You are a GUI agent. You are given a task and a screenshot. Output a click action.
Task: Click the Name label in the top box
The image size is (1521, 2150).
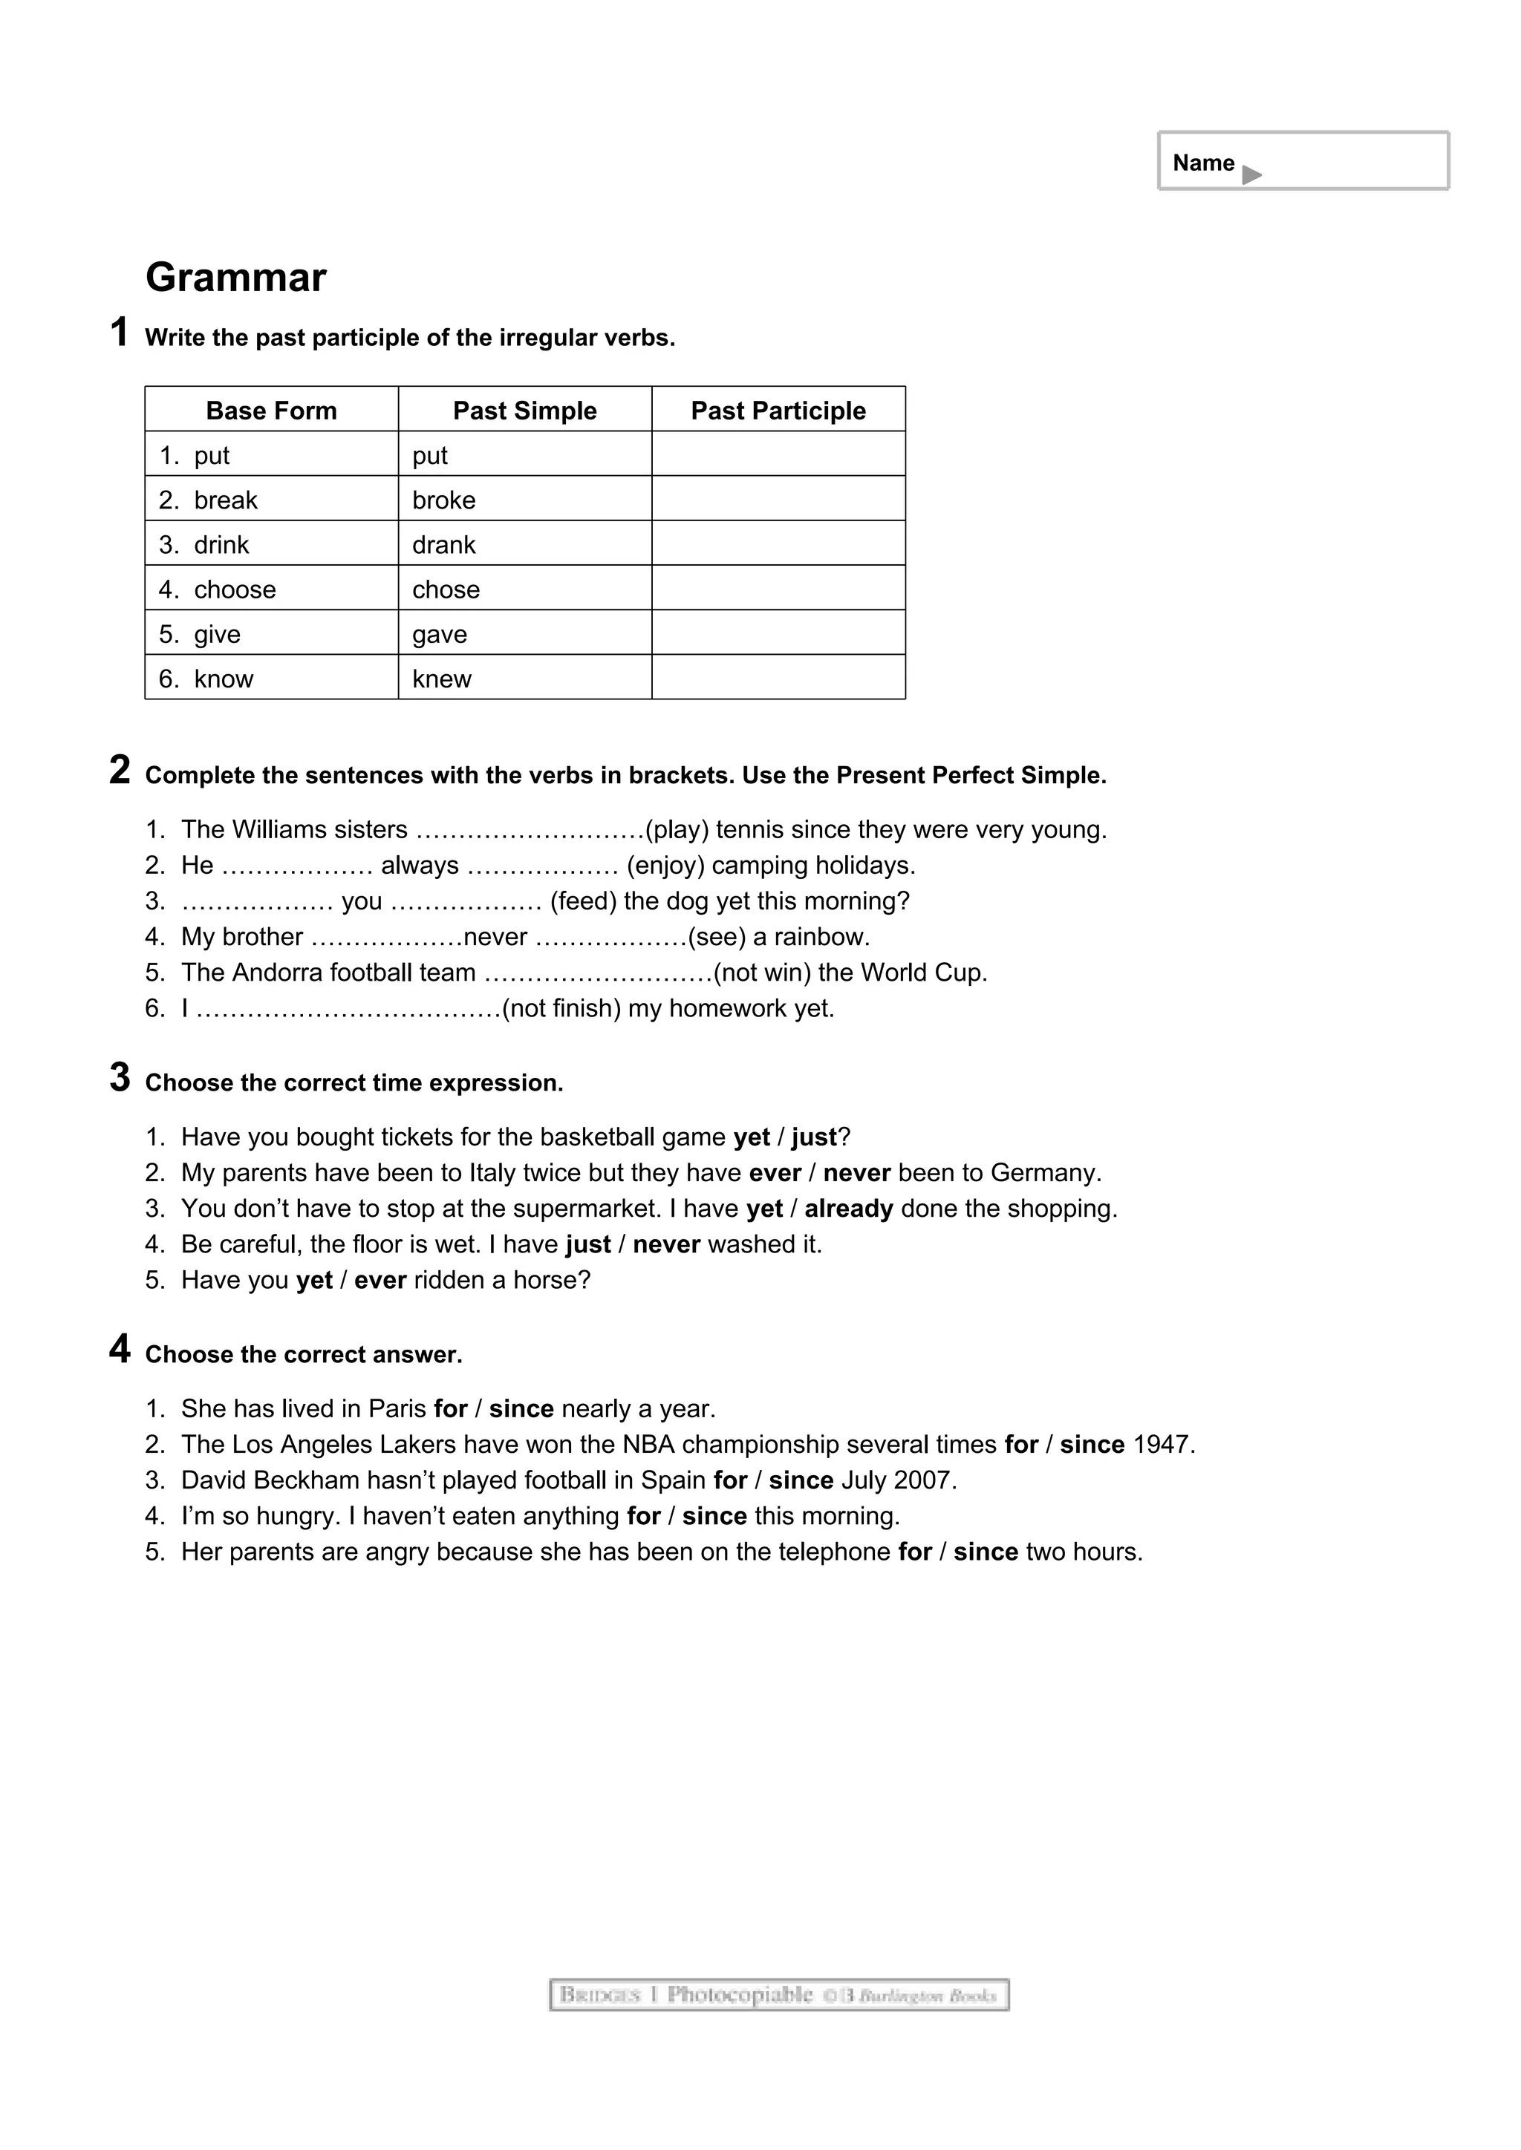(x=1202, y=163)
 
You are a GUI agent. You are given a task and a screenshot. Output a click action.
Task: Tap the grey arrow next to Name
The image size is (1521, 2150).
(x=1251, y=174)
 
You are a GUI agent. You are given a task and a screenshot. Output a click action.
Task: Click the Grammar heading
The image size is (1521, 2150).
(x=236, y=277)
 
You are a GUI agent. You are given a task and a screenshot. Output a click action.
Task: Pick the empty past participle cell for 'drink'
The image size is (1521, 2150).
(x=778, y=544)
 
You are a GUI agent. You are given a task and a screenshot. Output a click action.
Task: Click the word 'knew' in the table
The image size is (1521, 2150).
(x=442, y=679)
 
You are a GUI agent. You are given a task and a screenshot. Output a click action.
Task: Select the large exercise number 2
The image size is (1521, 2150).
(x=119, y=770)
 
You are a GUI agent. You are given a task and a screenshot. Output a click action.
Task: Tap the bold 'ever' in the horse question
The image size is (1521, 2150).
(x=380, y=1280)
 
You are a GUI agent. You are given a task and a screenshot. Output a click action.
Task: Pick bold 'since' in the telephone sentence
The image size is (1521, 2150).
(x=986, y=1552)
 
